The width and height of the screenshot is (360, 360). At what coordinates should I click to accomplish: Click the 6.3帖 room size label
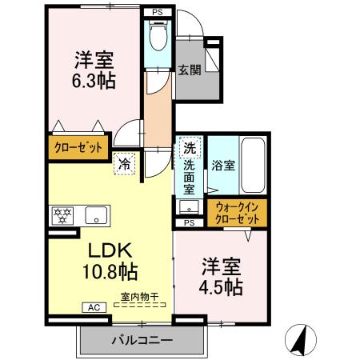tap(94, 80)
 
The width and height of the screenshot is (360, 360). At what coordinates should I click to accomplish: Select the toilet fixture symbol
tap(158, 35)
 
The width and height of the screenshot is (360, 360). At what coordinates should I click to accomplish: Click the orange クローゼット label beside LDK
tap(77, 146)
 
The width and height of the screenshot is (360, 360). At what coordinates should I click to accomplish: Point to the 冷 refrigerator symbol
tap(126, 164)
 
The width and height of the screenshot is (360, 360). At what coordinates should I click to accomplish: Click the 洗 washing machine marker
tap(190, 148)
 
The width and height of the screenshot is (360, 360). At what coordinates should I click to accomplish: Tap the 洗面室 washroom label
tap(190, 178)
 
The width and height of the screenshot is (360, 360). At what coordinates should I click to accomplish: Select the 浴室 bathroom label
tap(223, 166)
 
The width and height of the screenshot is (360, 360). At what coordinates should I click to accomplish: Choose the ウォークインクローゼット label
tap(238, 213)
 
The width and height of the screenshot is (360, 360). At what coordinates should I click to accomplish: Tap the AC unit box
tap(92, 307)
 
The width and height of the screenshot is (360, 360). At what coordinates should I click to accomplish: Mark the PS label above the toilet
tap(158, 13)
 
